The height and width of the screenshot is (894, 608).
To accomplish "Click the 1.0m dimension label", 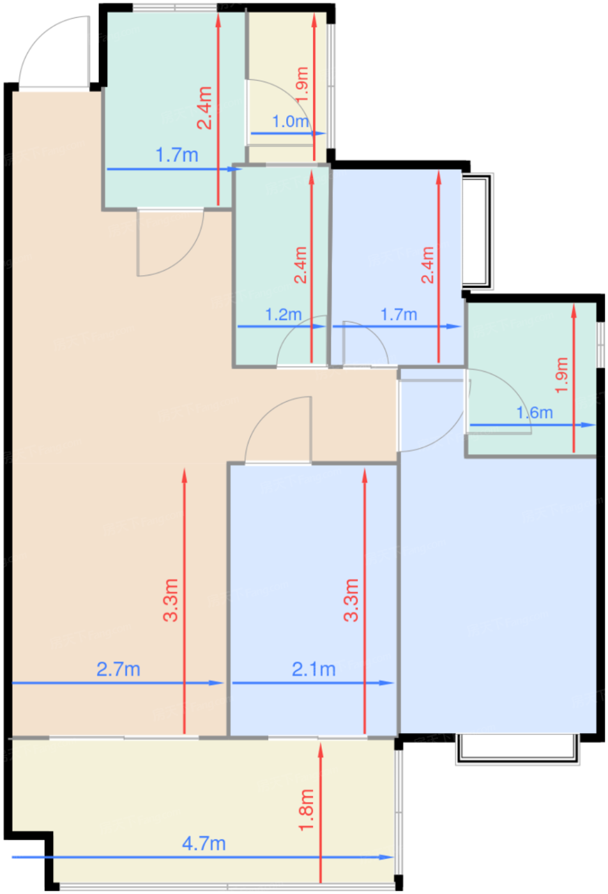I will [x=291, y=121].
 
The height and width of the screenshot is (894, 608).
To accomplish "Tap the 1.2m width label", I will [x=283, y=315].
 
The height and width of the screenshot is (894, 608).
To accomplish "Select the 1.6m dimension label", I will [x=535, y=413].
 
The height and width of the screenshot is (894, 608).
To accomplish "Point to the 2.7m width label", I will [x=118, y=669].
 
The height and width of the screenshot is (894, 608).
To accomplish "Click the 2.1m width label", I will [x=314, y=669].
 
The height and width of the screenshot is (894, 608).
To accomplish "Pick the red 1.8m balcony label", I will [x=307, y=810].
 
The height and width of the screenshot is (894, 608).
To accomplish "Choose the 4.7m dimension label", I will [x=204, y=844].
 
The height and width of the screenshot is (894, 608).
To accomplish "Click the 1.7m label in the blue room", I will [x=399, y=315].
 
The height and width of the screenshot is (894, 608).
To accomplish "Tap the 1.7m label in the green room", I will [x=177, y=155].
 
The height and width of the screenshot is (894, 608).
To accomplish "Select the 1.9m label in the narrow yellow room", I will [x=303, y=84].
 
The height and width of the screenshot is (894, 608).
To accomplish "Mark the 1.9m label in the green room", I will [x=561, y=375].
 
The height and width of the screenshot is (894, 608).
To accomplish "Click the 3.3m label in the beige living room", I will [x=171, y=600].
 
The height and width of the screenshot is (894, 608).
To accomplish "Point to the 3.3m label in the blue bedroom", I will [x=351, y=600].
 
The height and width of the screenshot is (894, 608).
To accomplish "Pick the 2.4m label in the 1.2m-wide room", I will [x=300, y=265].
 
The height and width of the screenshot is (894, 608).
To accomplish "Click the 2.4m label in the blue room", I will [x=427, y=265].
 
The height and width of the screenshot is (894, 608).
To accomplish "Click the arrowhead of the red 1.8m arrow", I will [x=321, y=748].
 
